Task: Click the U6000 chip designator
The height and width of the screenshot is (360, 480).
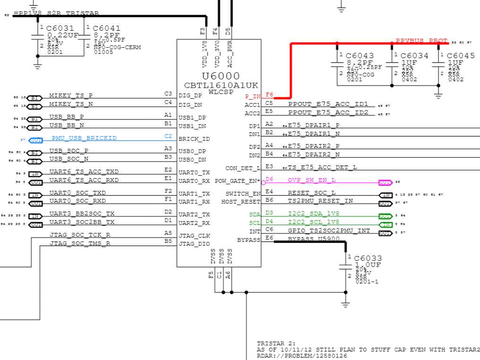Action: [221, 76]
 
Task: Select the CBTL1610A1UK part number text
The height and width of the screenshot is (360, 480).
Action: [221, 85]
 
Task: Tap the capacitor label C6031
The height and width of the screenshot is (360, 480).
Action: [60, 29]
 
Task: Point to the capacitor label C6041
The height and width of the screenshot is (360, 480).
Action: [107, 29]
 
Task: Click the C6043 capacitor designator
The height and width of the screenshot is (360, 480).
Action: [360, 56]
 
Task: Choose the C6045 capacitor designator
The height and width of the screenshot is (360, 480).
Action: [461, 56]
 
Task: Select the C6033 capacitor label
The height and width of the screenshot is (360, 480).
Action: [368, 258]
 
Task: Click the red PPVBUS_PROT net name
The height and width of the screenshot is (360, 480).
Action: [421, 41]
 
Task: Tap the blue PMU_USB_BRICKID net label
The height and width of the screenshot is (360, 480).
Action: [84, 138]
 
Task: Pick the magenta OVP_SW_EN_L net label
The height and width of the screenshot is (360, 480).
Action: [312, 180]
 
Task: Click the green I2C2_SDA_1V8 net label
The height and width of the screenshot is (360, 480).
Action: [314, 214]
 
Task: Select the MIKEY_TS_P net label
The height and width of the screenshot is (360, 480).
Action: [71, 95]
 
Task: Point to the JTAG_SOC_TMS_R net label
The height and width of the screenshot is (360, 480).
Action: [80, 244]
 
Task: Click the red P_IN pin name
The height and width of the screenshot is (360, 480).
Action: [253, 96]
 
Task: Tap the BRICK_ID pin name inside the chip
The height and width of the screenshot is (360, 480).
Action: [194, 139]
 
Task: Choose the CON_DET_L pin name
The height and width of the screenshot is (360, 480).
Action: [243, 168]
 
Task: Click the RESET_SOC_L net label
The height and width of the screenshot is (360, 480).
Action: [312, 193]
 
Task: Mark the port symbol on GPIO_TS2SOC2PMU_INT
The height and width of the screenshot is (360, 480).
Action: [385, 233]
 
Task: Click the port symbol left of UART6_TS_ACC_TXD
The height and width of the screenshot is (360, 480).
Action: [34, 174]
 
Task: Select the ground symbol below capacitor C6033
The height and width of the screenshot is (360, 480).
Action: [345, 305]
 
